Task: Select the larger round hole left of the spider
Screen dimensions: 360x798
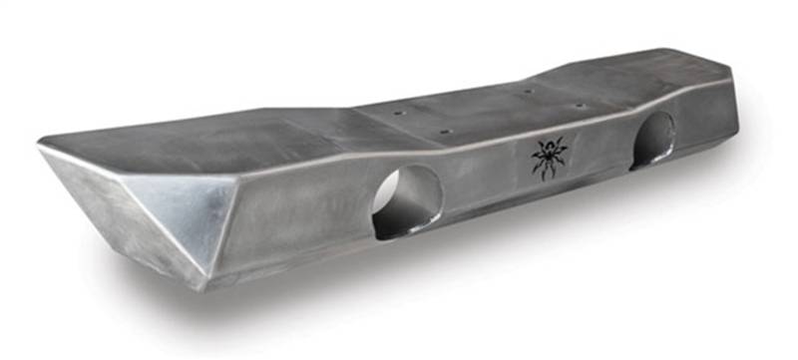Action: point(407,199)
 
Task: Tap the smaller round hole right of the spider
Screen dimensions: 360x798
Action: point(652,139)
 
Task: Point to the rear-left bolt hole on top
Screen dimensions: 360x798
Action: point(399,114)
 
